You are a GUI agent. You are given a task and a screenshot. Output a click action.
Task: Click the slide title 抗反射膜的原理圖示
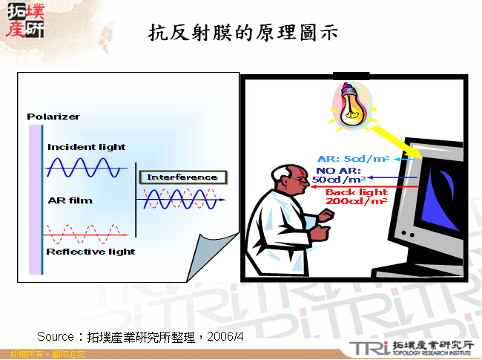242,33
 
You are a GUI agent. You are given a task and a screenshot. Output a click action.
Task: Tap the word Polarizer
53,117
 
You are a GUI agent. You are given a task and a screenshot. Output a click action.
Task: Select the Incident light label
86,147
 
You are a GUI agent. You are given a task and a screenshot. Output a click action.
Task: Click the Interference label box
182,177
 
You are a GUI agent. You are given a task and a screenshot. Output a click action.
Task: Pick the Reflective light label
90,252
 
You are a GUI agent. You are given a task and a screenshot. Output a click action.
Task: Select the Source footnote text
140,337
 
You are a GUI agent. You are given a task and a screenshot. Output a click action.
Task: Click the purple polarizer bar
36,199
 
